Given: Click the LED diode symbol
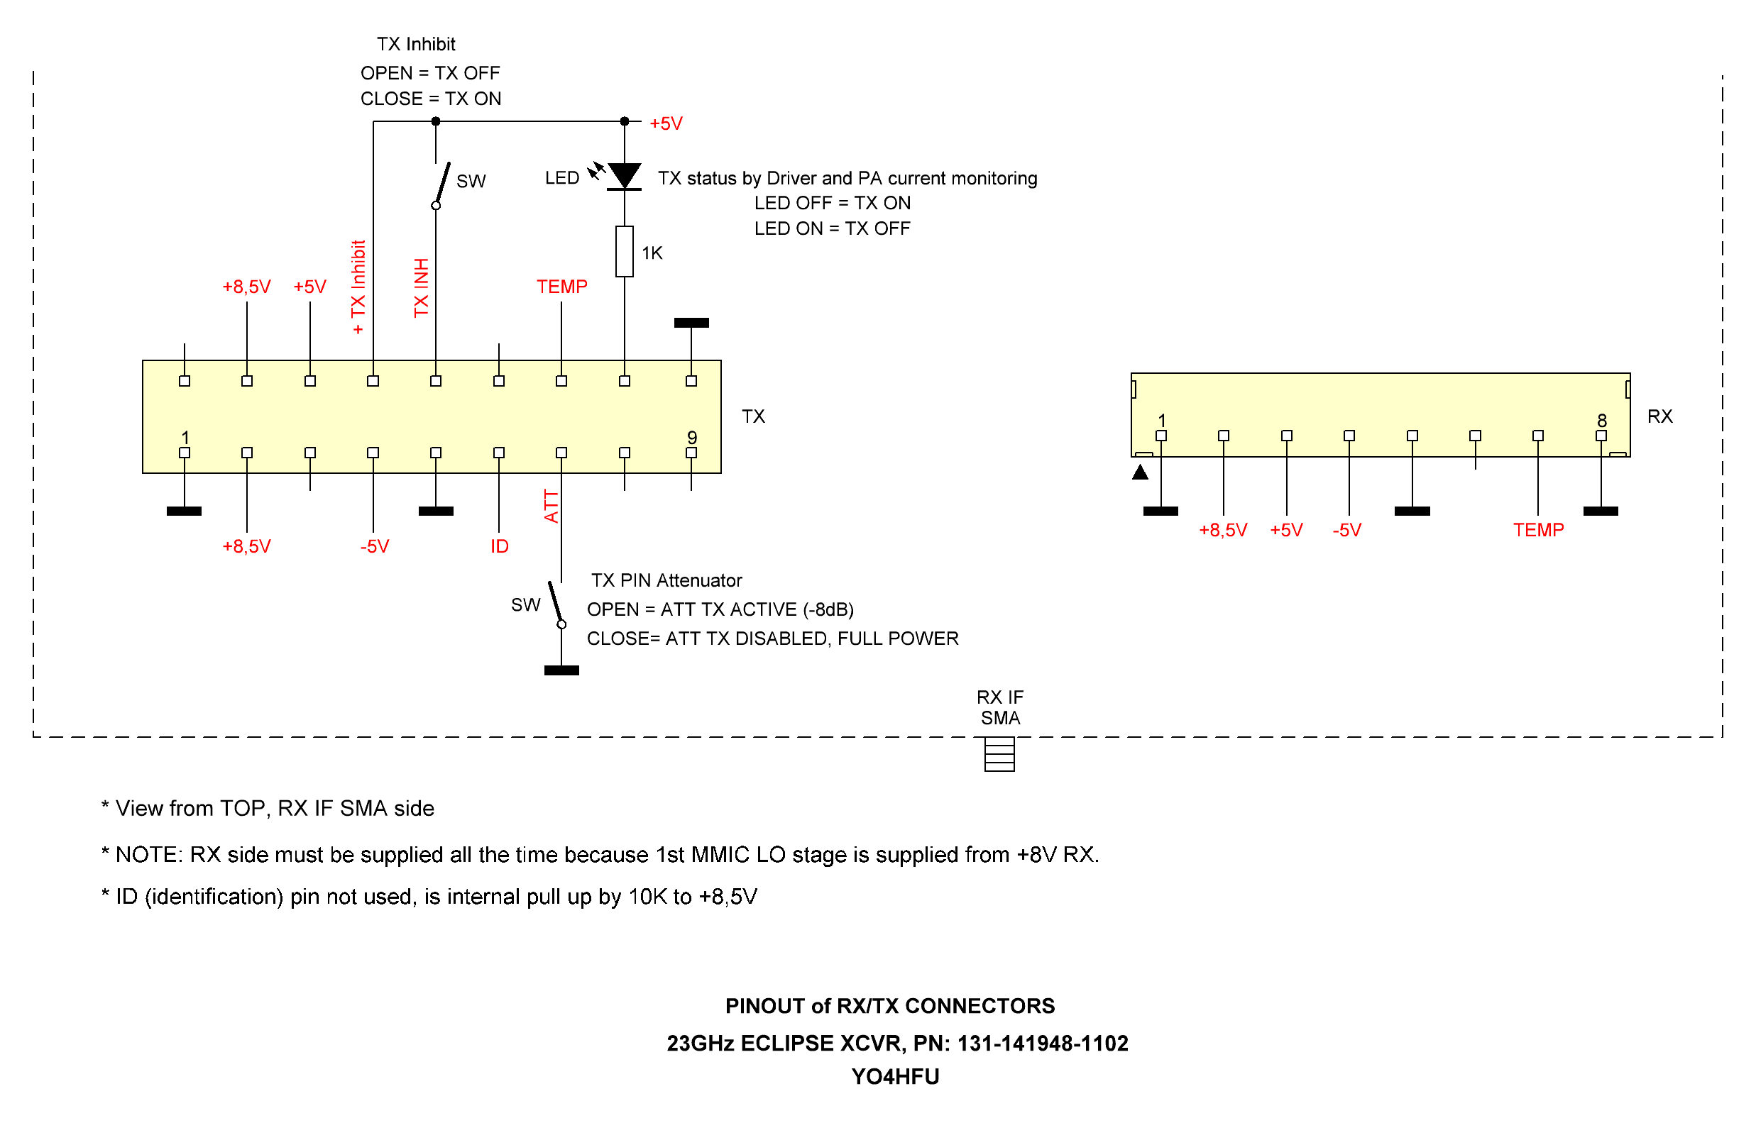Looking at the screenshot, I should [x=624, y=177].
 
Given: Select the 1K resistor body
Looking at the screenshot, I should [x=624, y=252].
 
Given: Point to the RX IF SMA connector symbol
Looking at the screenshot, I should [x=999, y=755].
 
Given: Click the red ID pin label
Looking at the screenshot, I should [x=499, y=546].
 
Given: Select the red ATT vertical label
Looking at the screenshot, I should [x=551, y=506].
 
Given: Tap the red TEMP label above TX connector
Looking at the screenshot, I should [x=561, y=287].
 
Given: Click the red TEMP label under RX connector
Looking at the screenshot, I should [x=1538, y=530].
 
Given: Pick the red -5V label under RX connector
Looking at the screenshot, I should [x=1346, y=530].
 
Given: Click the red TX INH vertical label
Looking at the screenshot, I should [x=421, y=287].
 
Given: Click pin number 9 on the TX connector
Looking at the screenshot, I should [x=691, y=437].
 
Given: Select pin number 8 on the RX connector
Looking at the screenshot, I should [x=1601, y=420].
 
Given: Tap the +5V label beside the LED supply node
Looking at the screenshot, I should [x=665, y=123].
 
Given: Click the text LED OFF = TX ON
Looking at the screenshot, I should [x=832, y=203].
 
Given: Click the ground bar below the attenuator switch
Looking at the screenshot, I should [x=561, y=670].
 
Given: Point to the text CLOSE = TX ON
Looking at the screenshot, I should [x=430, y=99].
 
